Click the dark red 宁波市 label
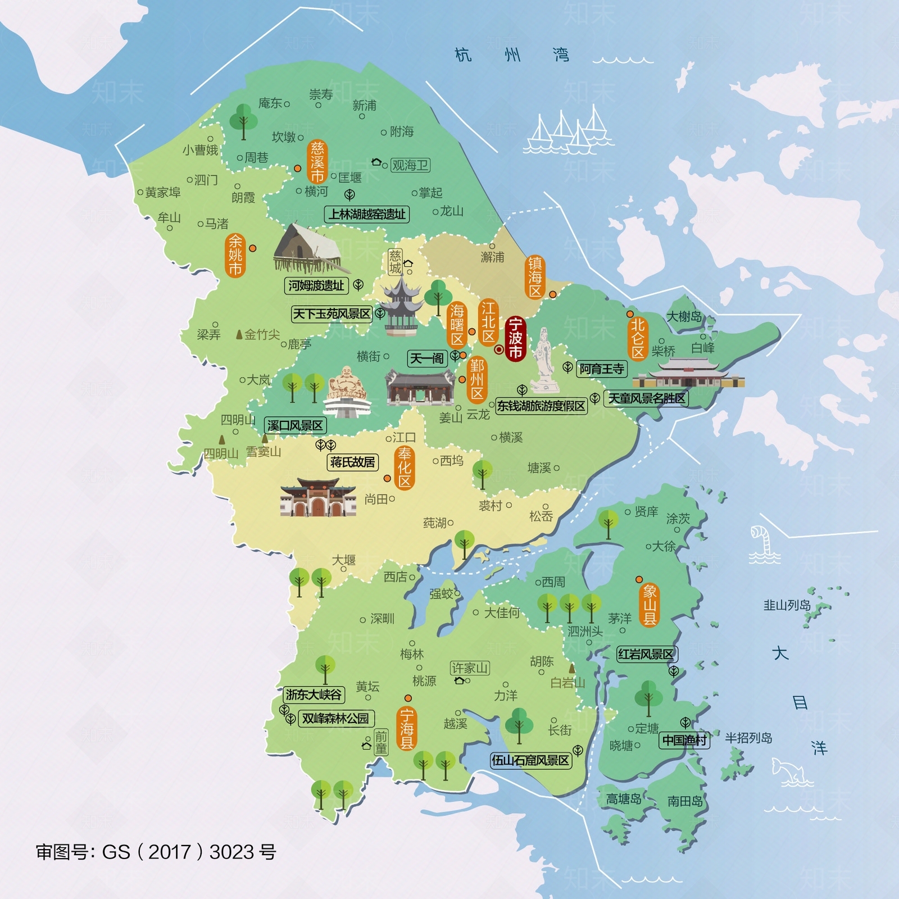(515, 338)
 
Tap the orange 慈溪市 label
(317, 162)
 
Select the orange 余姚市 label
(235, 256)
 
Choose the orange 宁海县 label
(406, 729)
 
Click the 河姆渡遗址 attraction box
(316, 285)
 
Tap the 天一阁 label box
(427, 358)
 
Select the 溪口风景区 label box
(295, 425)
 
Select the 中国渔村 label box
(684, 741)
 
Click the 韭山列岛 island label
(787, 605)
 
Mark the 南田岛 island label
(685, 801)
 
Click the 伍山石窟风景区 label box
(530, 761)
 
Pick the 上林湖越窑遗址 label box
(367, 214)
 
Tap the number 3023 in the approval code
(231, 852)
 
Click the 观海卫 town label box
(410, 165)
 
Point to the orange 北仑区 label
(637, 339)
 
